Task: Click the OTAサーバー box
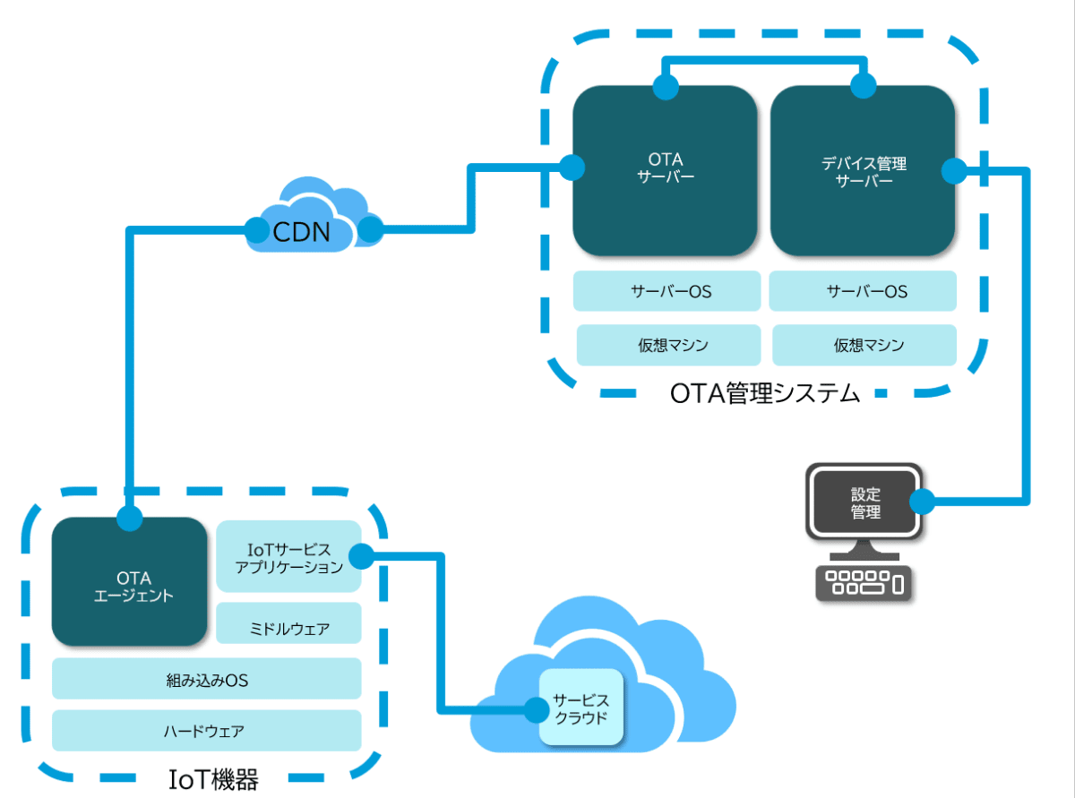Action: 665,170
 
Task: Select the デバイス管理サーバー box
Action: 863,170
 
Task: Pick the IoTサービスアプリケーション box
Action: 288,557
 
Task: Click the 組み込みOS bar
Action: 206,680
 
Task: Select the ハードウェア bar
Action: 206,731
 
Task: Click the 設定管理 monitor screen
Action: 864,503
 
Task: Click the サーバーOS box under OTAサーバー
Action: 666,291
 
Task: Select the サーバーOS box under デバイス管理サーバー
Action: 864,291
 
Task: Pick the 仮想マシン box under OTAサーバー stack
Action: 666,345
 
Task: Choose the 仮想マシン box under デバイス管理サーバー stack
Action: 864,345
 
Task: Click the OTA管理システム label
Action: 764,394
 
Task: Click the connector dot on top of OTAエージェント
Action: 130,519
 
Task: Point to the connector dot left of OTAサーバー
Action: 572,167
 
